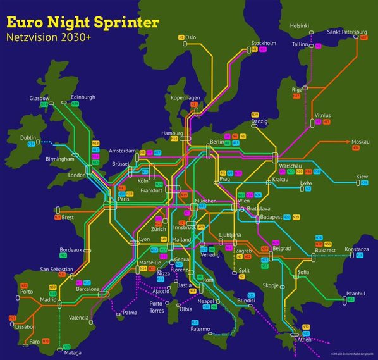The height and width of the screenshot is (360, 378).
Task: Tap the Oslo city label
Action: [190, 37]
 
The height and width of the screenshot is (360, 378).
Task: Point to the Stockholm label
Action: [264, 43]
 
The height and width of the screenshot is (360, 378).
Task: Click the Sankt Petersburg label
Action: [347, 32]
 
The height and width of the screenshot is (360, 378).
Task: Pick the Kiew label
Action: [362, 176]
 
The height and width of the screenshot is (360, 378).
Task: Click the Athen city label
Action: [304, 339]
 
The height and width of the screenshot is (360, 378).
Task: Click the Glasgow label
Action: [39, 98]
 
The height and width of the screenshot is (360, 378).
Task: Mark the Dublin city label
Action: [28, 137]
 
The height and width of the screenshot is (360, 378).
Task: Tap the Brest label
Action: [68, 217]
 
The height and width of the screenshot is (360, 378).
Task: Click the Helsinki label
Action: [300, 25]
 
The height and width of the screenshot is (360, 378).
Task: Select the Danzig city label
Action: [260, 120]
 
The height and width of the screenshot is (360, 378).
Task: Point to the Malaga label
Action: [73, 353]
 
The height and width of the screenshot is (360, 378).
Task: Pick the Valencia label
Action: [78, 317]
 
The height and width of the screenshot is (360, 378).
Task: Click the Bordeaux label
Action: [70, 249]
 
